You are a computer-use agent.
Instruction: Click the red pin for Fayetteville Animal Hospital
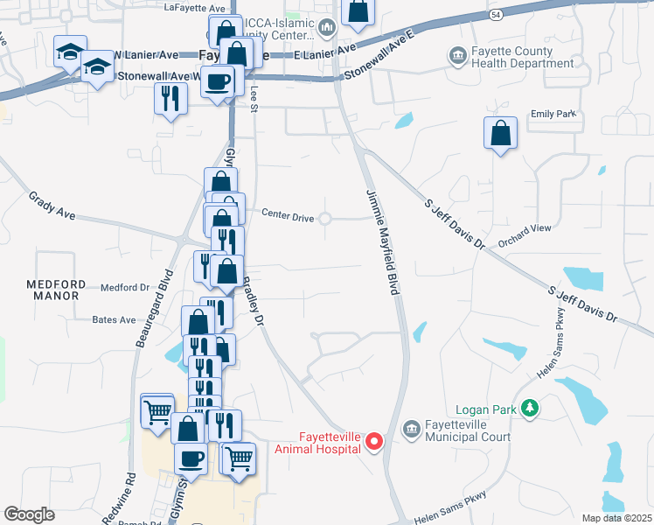(x=374, y=441)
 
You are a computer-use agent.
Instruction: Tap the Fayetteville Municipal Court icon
(x=411, y=430)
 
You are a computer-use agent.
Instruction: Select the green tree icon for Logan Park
(x=528, y=408)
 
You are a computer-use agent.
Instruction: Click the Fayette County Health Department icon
(x=457, y=57)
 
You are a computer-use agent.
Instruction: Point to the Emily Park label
(x=554, y=115)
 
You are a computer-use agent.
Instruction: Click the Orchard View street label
(x=525, y=228)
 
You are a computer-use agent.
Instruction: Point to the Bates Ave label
(x=115, y=320)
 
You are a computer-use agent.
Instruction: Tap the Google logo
(x=29, y=514)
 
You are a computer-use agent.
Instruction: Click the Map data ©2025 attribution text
(x=616, y=518)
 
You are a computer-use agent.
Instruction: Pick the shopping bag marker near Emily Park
(x=500, y=135)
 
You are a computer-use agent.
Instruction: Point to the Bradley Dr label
(x=252, y=302)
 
